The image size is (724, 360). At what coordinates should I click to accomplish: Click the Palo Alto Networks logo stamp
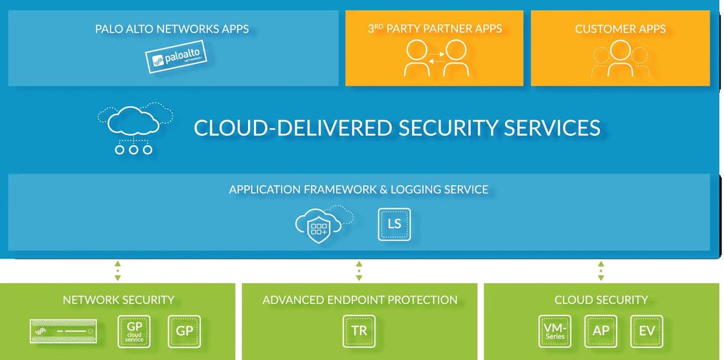point(176,57)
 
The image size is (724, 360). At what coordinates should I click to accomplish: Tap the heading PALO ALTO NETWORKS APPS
point(172,28)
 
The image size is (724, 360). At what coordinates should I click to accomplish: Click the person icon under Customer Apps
point(620,58)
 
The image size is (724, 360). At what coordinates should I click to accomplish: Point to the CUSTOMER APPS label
point(620,28)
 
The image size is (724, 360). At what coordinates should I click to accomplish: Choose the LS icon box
point(394,224)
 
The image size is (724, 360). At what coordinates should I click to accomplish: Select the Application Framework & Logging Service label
point(358,189)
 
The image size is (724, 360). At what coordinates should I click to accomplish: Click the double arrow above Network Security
point(118,271)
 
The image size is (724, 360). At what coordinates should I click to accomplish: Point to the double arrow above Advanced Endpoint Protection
point(359,271)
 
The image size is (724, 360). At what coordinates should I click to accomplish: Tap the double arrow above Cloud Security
point(601,271)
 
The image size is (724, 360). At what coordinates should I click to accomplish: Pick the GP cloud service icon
point(134,331)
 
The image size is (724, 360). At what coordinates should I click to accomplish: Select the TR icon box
point(359,331)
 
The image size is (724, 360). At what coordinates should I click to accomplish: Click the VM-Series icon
point(554,331)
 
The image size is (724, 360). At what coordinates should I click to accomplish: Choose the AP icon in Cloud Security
point(601,331)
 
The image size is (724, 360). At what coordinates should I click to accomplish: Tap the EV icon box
point(647,331)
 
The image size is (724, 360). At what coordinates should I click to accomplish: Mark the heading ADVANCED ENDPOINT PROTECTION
point(360,300)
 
